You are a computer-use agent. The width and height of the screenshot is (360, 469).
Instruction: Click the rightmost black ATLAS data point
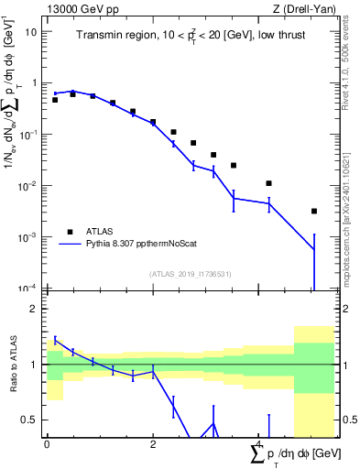coord(314,211)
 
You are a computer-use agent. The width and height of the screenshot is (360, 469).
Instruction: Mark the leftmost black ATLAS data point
coord(55,100)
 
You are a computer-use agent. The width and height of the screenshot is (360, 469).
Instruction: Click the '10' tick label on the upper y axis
coord(31,31)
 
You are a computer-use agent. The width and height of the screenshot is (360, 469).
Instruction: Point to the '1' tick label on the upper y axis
coord(35,82)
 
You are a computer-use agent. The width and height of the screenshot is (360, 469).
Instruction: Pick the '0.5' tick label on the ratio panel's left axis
coord(31,420)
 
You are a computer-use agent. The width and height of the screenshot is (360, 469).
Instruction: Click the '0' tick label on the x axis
coord(47,443)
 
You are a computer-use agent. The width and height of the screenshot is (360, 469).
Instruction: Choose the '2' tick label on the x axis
coord(153,443)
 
